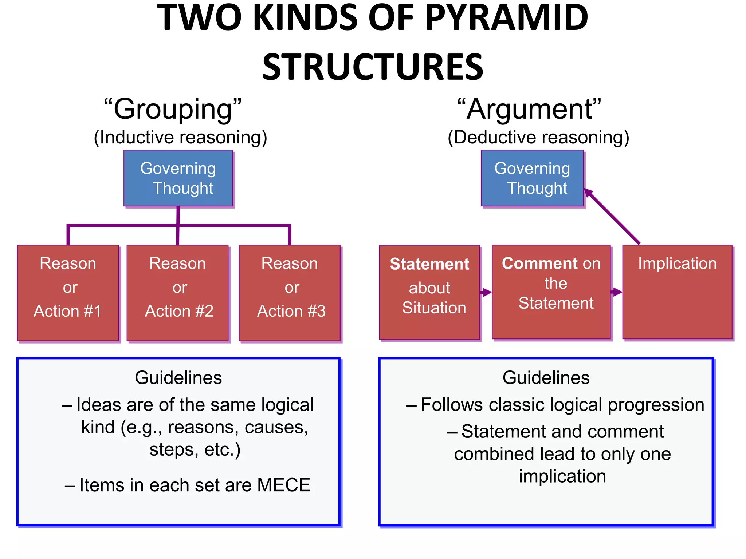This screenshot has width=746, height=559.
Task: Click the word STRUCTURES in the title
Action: point(373,68)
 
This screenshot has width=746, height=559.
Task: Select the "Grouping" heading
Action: point(173,109)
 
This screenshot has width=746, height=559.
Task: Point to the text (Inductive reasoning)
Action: point(180,138)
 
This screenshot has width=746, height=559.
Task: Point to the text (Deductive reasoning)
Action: point(538,138)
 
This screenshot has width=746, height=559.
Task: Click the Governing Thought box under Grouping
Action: point(178,178)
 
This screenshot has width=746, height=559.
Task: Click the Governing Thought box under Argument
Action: point(532,178)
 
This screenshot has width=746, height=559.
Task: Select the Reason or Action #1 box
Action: point(68,293)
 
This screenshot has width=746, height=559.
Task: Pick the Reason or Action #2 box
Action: point(178,293)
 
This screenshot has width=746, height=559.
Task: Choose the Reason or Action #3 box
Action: point(290,293)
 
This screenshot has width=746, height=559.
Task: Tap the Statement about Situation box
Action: point(429,293)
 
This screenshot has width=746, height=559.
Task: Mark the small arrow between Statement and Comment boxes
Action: point(486,292)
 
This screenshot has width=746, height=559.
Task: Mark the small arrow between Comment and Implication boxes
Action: point(616,292)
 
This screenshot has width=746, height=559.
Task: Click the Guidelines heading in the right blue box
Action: point(546,378)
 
